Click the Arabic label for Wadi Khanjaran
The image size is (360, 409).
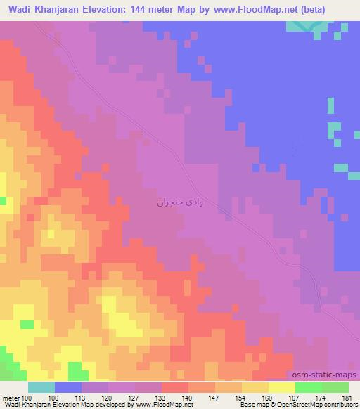tap(181, 202)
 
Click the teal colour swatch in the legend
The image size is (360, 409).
tap(41, 388)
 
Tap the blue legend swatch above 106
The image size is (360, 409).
tap(68, 388)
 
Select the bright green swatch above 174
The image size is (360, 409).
tap(309, 388)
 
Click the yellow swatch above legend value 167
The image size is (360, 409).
tap(282, 388)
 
